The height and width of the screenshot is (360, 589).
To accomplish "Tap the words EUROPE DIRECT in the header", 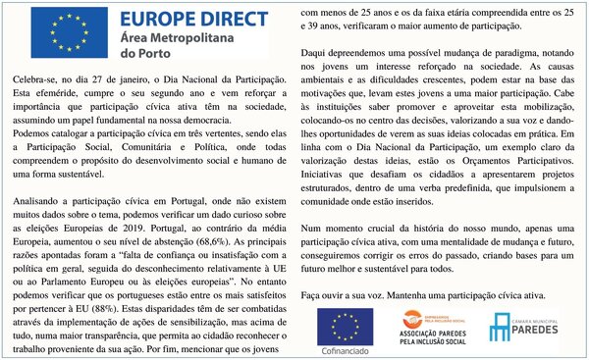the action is [192, 19].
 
